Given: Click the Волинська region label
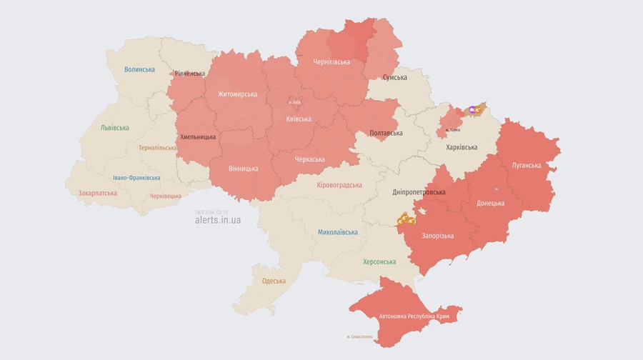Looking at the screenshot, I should [x=139, y=69].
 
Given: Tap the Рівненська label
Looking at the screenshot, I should [x=190, y=74].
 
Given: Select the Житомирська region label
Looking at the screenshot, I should [x=238, y=94].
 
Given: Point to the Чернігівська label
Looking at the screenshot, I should [x=332, y=62].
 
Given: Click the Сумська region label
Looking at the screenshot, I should [x=395, y=77].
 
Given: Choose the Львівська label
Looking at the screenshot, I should [x=115, y=128].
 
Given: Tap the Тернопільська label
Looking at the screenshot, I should [x=157, y=148].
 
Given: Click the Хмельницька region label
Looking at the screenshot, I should [x=198, y=136].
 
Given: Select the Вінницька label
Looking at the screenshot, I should [x=244, y=169].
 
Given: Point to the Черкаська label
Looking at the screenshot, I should [x=310, y=159].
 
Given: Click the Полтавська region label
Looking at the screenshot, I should [x=386, y=133].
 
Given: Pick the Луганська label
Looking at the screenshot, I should [x=527, y=165].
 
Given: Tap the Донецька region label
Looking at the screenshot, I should [x=491, y=203].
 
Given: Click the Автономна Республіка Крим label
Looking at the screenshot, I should [x=414, y=316].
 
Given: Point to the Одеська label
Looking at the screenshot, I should [x=274, y=281].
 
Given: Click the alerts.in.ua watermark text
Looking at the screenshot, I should [x=218, y=220].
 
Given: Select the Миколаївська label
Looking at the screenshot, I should [x=338, y=232].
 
